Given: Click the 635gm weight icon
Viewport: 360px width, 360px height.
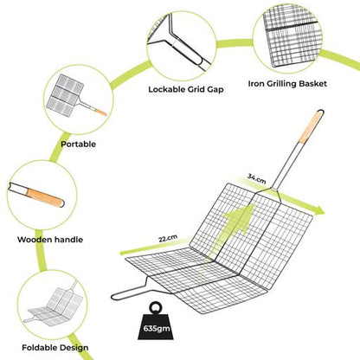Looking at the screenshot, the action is [x=154, y=322].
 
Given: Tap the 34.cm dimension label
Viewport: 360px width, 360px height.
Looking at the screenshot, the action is [x=256, y=179].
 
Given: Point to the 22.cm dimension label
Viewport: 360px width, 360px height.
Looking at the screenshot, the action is [x=168, y=238].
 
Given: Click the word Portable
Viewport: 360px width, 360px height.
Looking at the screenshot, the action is [x=78, y=144].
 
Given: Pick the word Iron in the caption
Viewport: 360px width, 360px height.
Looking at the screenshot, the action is [x=256, y=84].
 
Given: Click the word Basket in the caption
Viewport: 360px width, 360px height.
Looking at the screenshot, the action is [x=313, y=84].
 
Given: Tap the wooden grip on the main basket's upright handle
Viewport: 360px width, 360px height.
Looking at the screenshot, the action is [x=311, y=127].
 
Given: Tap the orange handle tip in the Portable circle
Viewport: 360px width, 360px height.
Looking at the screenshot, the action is [x=100, y=112].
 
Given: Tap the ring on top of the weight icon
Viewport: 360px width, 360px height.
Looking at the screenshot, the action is [x=156, y=306].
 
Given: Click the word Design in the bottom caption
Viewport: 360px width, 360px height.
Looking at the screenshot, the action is [x=74, y=348].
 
